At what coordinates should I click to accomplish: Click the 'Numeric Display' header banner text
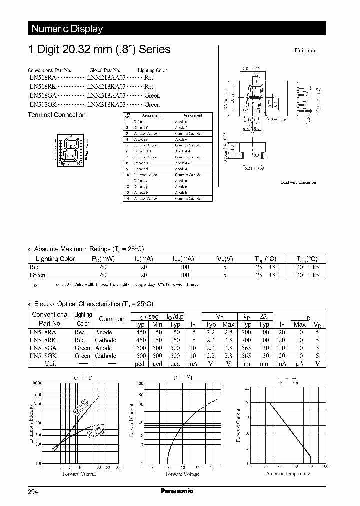[67, 29]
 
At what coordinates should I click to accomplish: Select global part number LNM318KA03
[106, 105]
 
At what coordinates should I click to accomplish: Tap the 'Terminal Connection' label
[56, 115]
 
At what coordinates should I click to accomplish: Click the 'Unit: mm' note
[305, 50]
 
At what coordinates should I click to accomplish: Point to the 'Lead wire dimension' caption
[298, 182]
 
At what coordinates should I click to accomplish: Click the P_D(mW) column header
[103, 259]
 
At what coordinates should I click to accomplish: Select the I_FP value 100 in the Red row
[184, 267]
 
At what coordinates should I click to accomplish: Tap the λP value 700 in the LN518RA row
[246, 332]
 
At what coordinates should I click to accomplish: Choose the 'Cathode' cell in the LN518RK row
[105, 340]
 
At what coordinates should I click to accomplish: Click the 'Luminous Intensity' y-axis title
[32, 424]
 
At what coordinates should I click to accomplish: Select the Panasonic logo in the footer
[177, 491]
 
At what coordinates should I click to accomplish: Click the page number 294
[33, 492]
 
